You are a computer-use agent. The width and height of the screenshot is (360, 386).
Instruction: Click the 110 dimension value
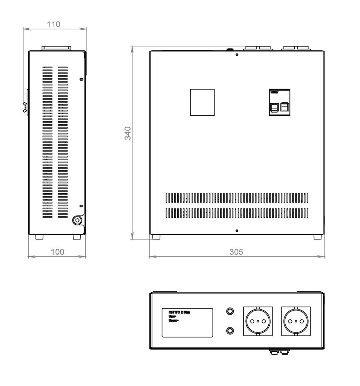(x=54, y=25)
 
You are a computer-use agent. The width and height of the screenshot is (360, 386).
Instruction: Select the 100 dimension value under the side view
(x=57, y=252)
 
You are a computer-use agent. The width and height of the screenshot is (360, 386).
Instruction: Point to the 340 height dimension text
(x=128, y=133)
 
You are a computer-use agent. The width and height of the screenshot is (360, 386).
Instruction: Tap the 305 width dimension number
(x=236, y=252)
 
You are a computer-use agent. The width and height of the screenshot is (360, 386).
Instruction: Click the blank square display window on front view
(x=202, y=102)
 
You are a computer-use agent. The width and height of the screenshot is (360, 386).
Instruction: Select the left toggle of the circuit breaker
(x=274, y=107)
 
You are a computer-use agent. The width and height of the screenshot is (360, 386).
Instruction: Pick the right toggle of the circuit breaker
(x=285, y=107)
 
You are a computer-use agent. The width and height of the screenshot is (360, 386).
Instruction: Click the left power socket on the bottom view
(x=258, y=321)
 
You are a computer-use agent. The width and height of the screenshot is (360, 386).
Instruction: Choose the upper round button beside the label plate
(x=229, y=311)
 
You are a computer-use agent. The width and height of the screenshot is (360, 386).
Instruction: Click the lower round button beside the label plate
(x=229, y=331)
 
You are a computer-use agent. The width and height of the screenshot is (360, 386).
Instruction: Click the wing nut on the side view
(x=25, y=107)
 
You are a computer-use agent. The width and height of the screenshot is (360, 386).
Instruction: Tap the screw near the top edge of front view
(x=237, y=55)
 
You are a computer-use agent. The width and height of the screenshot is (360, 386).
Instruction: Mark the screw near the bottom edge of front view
(x=237, y=231)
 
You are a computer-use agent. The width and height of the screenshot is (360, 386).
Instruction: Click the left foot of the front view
(x=155, y=237)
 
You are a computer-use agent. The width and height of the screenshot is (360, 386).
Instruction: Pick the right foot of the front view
(x=318, y=237)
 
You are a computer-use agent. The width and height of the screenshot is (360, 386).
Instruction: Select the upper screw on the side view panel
(x=81, y=80)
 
